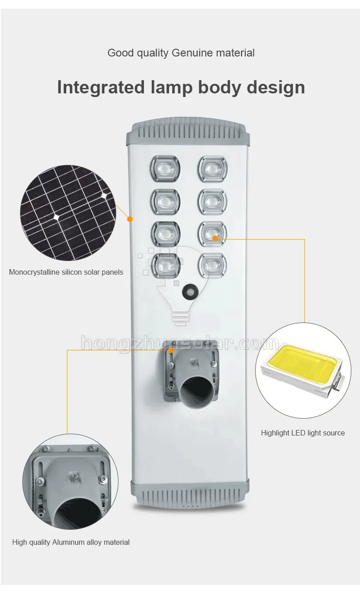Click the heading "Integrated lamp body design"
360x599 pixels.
[181, 87]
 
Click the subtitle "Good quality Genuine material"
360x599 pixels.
[181, 53]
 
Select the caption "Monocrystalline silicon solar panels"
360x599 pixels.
[66, 272]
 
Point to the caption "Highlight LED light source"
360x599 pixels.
[303, 433]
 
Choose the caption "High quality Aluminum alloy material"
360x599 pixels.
[71, 542]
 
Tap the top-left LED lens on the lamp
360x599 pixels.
[165, 169]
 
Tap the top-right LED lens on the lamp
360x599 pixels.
[212, 169]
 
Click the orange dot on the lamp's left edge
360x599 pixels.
[130, 219]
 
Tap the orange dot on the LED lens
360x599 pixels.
[215, 237]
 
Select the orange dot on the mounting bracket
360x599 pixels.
[170, 350]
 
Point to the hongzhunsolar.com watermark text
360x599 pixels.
[180, 342]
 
